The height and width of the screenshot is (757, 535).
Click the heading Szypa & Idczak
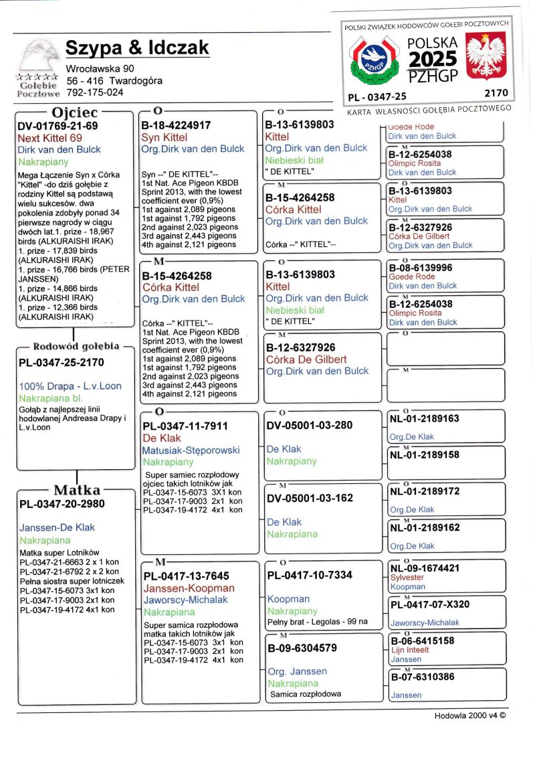pyautogui.click(x=137, y=48)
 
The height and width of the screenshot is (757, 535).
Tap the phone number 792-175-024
pyautogui.click(x=94, y=92)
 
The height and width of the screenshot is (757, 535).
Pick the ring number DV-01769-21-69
pyautogui.click(x=58, y=126)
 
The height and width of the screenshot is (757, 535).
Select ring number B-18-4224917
pyautogui.click(x=177, y=125)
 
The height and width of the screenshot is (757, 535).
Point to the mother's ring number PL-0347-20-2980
pyautogui.click(x=62, y=503)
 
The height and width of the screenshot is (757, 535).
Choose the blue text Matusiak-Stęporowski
pyautogui.click(x=191, y=450)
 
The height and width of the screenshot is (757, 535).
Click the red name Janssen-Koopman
pyautogui.click(x=189, y=588)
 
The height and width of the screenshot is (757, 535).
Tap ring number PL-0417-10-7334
pyautogui.click(x=310, y=575)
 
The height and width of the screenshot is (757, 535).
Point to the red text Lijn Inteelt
pyautogui.click(x=410, y=649)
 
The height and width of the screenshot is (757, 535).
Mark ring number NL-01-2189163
pyautogui.click(x=425, y=419)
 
